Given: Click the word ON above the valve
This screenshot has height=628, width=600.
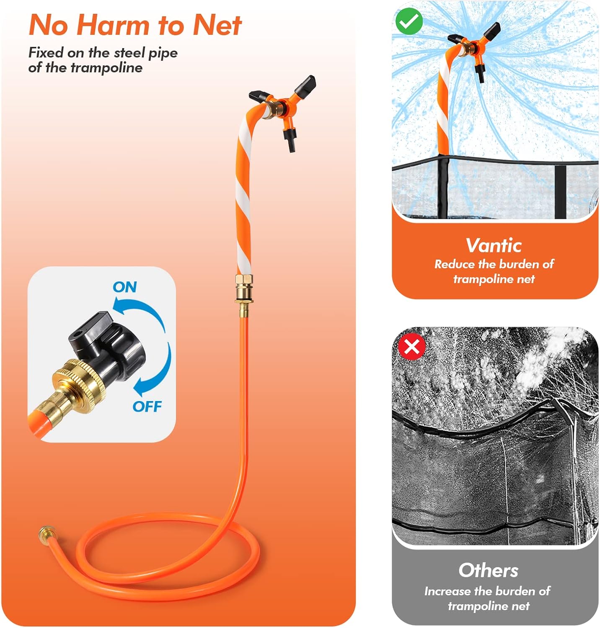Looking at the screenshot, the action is [125, 287].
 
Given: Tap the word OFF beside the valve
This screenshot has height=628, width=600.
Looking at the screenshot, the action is [147, 406].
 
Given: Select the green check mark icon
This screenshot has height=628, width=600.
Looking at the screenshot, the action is [409, 21].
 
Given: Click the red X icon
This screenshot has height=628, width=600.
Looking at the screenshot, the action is [412, 347].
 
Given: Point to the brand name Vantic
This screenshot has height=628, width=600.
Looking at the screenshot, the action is [494, 246].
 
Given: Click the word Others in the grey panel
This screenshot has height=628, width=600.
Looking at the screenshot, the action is [489, 570].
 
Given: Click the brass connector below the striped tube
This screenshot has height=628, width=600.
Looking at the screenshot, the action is [244, 293].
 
